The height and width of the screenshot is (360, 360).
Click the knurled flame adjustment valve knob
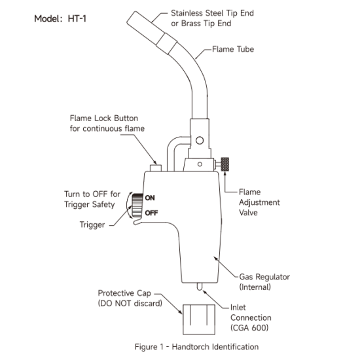(x=225, y=164)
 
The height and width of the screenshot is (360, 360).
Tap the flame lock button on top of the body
(x=156, y=168)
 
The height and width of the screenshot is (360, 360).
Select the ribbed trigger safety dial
(x=137, y=206)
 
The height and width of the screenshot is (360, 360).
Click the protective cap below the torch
(x=199, y=319)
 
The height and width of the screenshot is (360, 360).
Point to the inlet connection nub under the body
(x=200, y=287)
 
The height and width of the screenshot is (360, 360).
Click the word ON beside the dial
(x=150, y=198)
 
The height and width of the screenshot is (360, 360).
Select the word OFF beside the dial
(x=151, y=213)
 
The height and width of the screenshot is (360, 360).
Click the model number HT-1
(x=77, y=18)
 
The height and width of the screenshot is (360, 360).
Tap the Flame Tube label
(x=233, y=49)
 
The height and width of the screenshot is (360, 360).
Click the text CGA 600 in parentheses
(x=249, y=328)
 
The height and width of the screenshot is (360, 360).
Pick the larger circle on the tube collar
(x=200, y=140)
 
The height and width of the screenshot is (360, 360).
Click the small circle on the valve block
(x=200, y=164)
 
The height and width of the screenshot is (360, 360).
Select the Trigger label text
(x=92, y=225)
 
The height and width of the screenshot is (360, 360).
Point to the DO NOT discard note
(x=130, y=304)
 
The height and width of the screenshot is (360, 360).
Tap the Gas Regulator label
(x=264, y=277)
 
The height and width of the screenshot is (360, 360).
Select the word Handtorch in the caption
(x=191, y=347)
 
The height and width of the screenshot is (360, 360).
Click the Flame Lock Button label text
(x=104, y=118)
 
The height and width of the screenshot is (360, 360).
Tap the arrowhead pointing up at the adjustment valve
(x=225, y=173)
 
